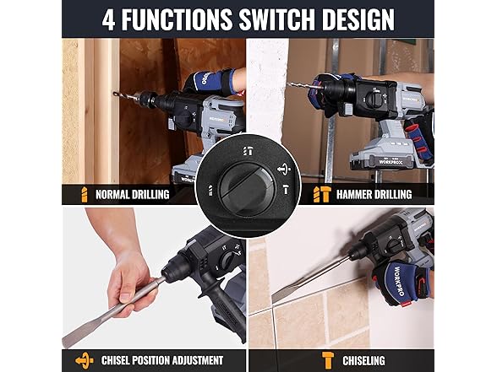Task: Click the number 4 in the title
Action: (109, 19)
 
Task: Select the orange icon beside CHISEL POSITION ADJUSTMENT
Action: (84, 360)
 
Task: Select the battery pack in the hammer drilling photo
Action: (389, 156)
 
